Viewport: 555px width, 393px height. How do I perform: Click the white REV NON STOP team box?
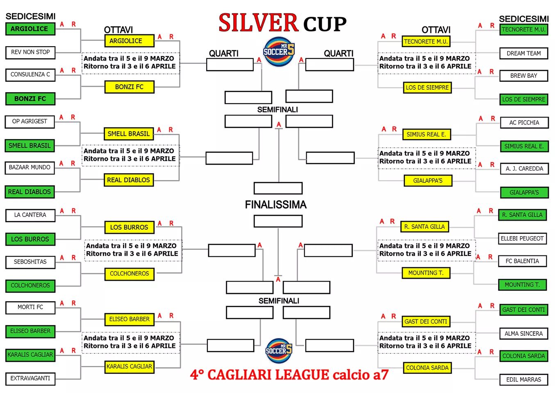point(30,52)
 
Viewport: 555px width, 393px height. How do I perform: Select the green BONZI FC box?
point(30,99)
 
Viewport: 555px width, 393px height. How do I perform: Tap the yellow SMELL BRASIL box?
point(129,134)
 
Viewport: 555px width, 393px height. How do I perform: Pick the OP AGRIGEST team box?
point(30,122)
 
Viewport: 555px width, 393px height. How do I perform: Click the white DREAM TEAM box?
point(523,54)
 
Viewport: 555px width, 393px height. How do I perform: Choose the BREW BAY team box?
point(523,76)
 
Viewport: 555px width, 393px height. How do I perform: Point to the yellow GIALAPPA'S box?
point(428,181)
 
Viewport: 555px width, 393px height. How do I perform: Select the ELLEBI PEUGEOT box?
point(522,239)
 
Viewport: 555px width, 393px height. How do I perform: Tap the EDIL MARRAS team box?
point(523,379)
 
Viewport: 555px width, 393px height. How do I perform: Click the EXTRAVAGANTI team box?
point(30,379)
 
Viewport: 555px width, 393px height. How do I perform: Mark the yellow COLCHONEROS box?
point(130,274)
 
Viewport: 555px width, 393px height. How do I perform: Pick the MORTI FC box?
point(30,307)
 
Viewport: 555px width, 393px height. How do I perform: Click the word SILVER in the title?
point(258,23)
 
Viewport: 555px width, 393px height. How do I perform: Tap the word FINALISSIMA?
point(276,205)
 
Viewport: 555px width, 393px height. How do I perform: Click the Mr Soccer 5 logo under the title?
point(279,52)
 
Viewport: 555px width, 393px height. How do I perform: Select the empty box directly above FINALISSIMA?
point(278,188)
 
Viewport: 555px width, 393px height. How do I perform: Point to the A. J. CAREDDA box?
point(524,169)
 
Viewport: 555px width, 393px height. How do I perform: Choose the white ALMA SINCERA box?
point(523,334)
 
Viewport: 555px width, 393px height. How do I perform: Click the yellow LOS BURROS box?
point(130,227)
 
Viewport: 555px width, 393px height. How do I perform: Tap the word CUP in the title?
point(325,24)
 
